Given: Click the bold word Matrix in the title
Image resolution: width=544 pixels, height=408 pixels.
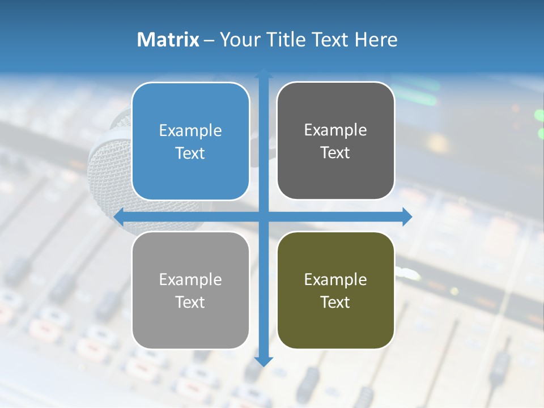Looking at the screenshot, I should pyautogui.click(x=168, y=40).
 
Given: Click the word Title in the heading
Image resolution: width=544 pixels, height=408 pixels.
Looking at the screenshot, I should pyautogui.click(x=288, y=40).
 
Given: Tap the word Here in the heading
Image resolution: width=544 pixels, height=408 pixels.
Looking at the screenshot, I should pyautogui.click(x=376, y=40).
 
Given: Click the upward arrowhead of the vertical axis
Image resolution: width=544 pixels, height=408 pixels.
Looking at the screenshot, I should pyautogui.click(x=263, y=73).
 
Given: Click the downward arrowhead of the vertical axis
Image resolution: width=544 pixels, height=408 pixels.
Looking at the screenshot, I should pyautogui.click(x=263, y=361).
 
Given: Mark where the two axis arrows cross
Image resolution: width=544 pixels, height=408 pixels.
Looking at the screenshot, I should pyautogui.click(x=263, y=216).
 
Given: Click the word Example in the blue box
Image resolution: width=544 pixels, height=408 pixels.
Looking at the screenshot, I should pyautogui.click(x=190, y=131).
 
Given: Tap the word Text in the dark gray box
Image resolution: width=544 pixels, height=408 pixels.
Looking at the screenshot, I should pyautogui.click(x=335, y=153).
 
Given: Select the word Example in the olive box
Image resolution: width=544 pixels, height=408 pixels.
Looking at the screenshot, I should pyautogui.click(x=335, y=279).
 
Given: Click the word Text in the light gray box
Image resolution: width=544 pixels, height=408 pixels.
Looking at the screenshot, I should pyautogui.click(x=190, y=302).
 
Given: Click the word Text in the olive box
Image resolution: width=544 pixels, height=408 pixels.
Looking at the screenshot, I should pyautogui.click(x=335, y=302).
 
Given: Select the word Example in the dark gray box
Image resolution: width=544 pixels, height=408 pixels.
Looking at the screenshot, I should pyautogui.click(x=335, y=130).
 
